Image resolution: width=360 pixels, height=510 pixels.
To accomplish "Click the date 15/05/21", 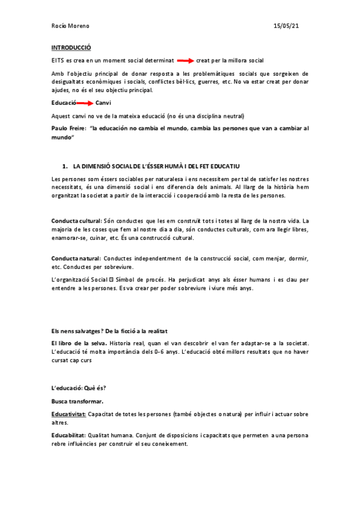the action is click(x=287, y=27).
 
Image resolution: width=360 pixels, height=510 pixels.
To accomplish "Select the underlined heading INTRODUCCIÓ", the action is click(x=71, y=47).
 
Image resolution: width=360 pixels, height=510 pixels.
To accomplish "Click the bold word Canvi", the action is click(x=103, y=103).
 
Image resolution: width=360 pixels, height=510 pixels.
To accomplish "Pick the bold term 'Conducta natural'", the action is click(x=76, y=259).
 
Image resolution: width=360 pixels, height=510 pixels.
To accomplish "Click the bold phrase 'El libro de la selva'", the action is click(x=75, y=343).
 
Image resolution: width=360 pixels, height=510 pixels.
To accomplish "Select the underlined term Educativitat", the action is click(x=69, y=414).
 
